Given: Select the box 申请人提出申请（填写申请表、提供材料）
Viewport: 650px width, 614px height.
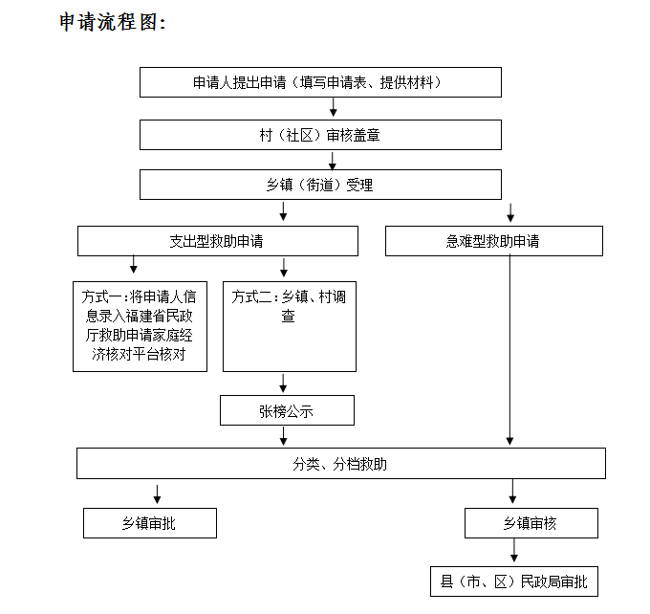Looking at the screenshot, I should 320,83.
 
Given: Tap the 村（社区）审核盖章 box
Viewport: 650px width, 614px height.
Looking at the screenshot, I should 320,135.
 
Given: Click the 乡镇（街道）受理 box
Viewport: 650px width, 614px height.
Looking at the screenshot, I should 320,185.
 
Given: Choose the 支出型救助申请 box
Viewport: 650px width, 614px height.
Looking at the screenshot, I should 217,241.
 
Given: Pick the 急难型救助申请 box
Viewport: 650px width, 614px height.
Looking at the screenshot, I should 493,241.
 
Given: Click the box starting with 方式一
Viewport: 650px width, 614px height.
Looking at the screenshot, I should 141,326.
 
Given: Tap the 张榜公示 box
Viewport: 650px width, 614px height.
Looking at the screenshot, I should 286,411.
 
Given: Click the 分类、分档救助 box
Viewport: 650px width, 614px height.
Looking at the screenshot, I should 340,464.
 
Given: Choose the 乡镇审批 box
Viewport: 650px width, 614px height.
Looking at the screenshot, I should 149,523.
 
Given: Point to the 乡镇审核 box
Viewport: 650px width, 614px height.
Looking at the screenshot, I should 531,523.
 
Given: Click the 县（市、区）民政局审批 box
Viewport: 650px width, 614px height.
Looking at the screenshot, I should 515,580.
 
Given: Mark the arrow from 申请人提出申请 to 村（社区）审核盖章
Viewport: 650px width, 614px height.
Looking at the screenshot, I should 334,109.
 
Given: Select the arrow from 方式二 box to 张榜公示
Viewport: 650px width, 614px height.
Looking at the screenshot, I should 284,384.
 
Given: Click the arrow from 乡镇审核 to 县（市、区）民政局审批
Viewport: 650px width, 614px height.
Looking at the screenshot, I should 515,552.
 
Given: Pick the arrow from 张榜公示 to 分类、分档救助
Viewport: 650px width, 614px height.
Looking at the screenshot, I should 284,437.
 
